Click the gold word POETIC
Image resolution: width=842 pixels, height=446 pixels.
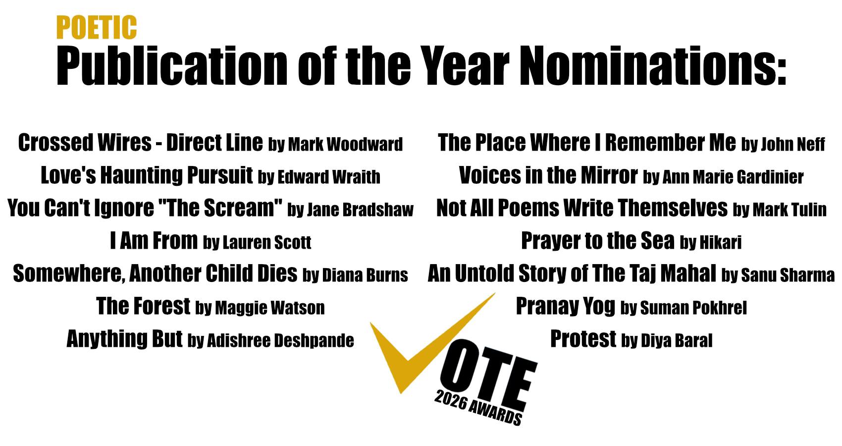(x=97, y=27)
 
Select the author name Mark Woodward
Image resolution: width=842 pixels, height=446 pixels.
(x=345, y=144)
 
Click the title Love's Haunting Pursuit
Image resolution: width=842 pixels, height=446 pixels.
(x=147, y=175)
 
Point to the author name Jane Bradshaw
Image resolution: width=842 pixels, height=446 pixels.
(x=360, y=210)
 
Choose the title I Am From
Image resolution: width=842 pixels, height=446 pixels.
(x=154, y=241)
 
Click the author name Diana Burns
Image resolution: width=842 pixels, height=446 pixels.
(x=365, y=275)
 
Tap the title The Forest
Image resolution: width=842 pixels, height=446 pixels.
(x=143, y=306)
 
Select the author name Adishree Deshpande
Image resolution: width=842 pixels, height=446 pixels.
(x=280, y=341)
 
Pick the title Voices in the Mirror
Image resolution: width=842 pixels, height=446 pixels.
(x=548, y=175)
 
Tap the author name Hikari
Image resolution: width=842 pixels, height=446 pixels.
(x=721, y=242)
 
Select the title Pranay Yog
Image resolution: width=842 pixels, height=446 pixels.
(x=566, y=306)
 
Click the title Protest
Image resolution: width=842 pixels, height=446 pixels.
(x=583, y=339)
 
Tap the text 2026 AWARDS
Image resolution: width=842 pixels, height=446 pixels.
(x=478, y=408)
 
